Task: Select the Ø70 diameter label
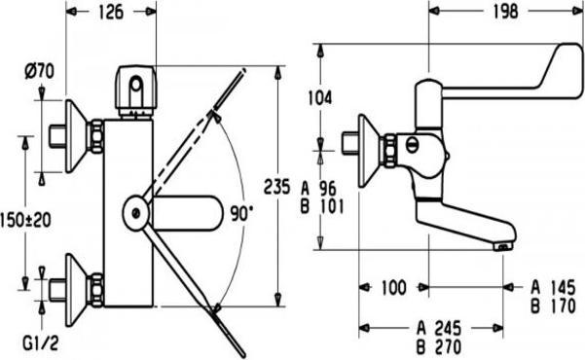click(x=40, y=71)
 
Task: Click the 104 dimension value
click(x=320, y=97)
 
